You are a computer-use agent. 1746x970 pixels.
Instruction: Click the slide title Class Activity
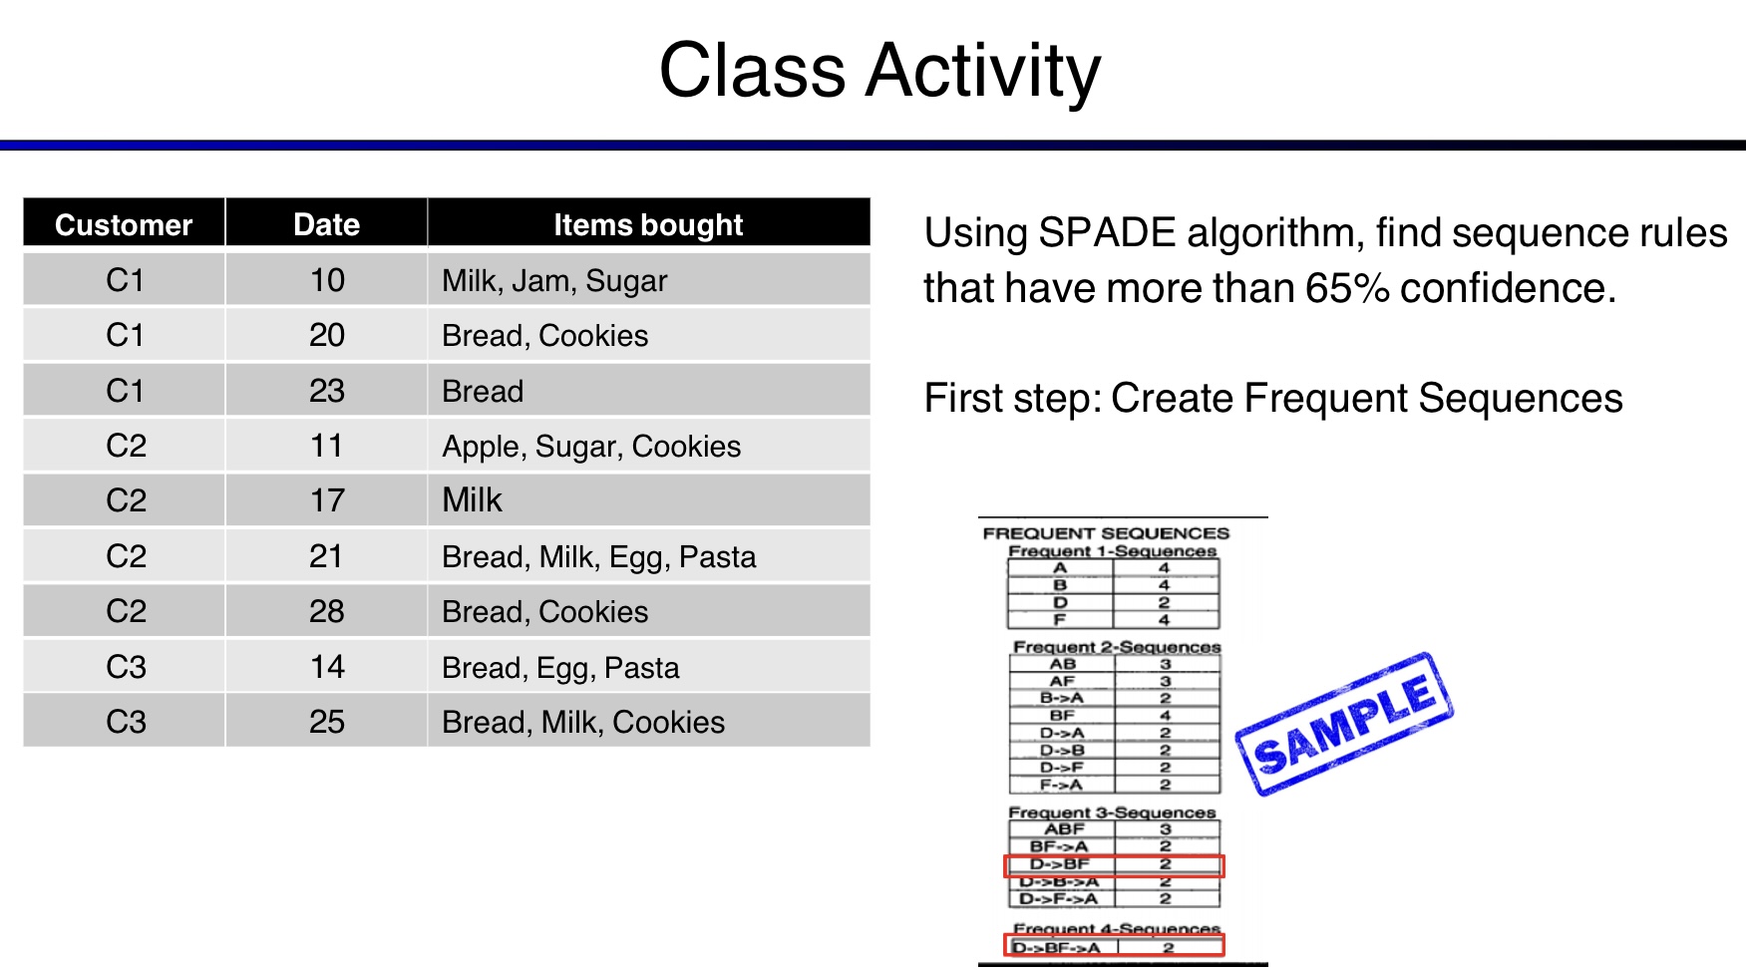[x=879, y=71]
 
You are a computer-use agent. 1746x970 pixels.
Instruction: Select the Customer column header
[x=124, y=224]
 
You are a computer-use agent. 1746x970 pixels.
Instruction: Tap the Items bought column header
[x=648, y=224]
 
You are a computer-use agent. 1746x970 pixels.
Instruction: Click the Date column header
[x=326, y=224]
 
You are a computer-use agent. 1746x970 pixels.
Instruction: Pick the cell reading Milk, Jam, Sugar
[x=554, y=281]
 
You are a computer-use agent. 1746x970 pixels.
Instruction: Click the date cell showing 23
[x=326, y=391]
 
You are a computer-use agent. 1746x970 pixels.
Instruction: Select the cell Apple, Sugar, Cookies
[x=591, y=447]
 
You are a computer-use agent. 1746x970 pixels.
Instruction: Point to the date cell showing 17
[x=326, y=500]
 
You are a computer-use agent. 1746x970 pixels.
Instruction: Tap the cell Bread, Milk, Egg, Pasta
[x=598, y=556]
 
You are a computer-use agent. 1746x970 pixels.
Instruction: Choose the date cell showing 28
[x=326, y=611]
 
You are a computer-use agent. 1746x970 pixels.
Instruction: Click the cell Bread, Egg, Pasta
[x=560, y=667]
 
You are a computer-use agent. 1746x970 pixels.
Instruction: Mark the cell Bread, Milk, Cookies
[x=583, y=722]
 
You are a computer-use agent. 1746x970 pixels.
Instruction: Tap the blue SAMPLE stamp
[x=1344, y=724]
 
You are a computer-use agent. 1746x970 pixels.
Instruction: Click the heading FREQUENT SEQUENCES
[x=1106, y=533]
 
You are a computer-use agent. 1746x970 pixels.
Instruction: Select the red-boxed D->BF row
[x=1113, y=864]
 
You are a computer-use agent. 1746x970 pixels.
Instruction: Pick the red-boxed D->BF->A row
[x=1113, y=947]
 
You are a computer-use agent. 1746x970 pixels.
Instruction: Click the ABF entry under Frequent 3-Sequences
[x=1063, y=829]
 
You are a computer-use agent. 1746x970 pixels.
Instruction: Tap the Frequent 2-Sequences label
[x=1116, y=647]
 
